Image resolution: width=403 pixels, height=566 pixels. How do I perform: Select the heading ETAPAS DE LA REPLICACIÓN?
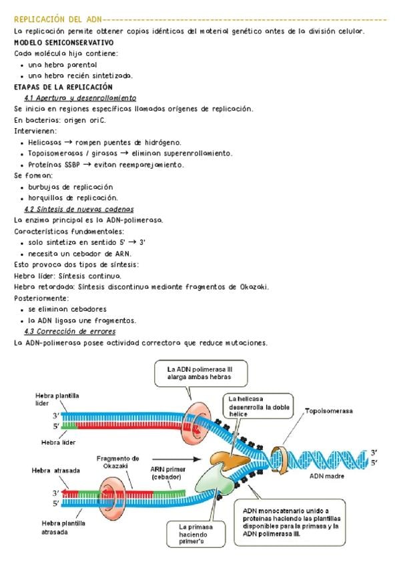tap(63, 87)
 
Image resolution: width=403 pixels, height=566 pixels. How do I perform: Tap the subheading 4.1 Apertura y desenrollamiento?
tap(80, 97)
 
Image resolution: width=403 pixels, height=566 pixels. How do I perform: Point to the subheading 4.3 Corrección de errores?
tap(69, 332)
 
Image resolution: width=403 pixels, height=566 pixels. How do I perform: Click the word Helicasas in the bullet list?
tap(44, 142)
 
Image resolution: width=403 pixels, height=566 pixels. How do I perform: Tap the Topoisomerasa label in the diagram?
tap(329, 410)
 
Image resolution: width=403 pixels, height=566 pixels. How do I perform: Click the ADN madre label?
tap(326, 477)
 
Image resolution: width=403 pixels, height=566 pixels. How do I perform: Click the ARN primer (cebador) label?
tap(167, 473)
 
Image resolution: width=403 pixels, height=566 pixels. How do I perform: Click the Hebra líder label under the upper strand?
tap(58, 442)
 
